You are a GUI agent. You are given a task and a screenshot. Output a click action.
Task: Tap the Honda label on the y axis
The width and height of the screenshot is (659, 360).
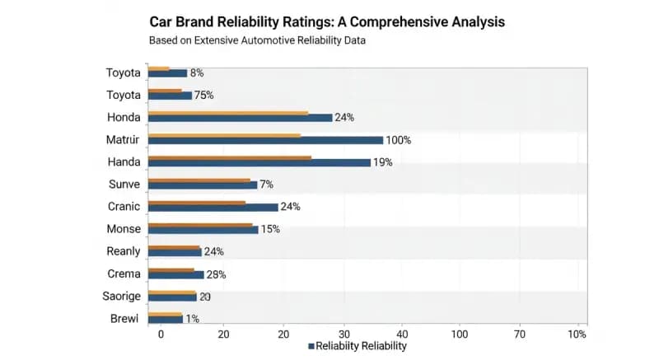[x=124, y=118]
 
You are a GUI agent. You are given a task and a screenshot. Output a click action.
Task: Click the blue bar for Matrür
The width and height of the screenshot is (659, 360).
[x=265, y=140]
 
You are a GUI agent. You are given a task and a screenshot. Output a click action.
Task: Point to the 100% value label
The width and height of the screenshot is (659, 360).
[x=398, y=140]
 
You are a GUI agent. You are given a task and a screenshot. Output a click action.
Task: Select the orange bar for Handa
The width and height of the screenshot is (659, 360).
[x=230, y=157]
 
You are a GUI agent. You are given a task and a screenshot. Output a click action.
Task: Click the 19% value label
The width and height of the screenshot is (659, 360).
[x=382, y=162]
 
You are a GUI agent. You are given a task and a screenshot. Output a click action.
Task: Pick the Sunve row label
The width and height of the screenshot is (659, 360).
[x=124, y=185]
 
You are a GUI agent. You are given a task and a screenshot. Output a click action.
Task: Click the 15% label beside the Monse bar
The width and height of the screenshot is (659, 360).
[x=270, y=229]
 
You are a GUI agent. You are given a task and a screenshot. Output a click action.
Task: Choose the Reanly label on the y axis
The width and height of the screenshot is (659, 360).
[x=124, y=251]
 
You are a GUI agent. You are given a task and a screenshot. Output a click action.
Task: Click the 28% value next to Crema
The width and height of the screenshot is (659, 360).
[x=216, y=274]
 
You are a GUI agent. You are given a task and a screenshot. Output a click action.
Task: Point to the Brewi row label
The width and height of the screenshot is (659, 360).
[x=125, y=319]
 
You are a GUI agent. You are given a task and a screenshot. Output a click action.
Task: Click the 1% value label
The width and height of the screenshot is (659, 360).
[x=193, y=319]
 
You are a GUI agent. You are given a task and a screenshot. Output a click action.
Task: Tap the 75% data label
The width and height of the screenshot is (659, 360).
[x=203, y=96]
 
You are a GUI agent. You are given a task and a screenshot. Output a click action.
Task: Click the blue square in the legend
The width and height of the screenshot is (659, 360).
[x=311, y=347]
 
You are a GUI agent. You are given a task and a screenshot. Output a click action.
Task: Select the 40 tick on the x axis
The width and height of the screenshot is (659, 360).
[x=402, y=334]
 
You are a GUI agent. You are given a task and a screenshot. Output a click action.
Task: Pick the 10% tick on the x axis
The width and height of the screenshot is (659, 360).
[x=577, y=334]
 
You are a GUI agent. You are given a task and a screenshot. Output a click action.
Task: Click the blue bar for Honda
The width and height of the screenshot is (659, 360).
[x=240, y=118]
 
